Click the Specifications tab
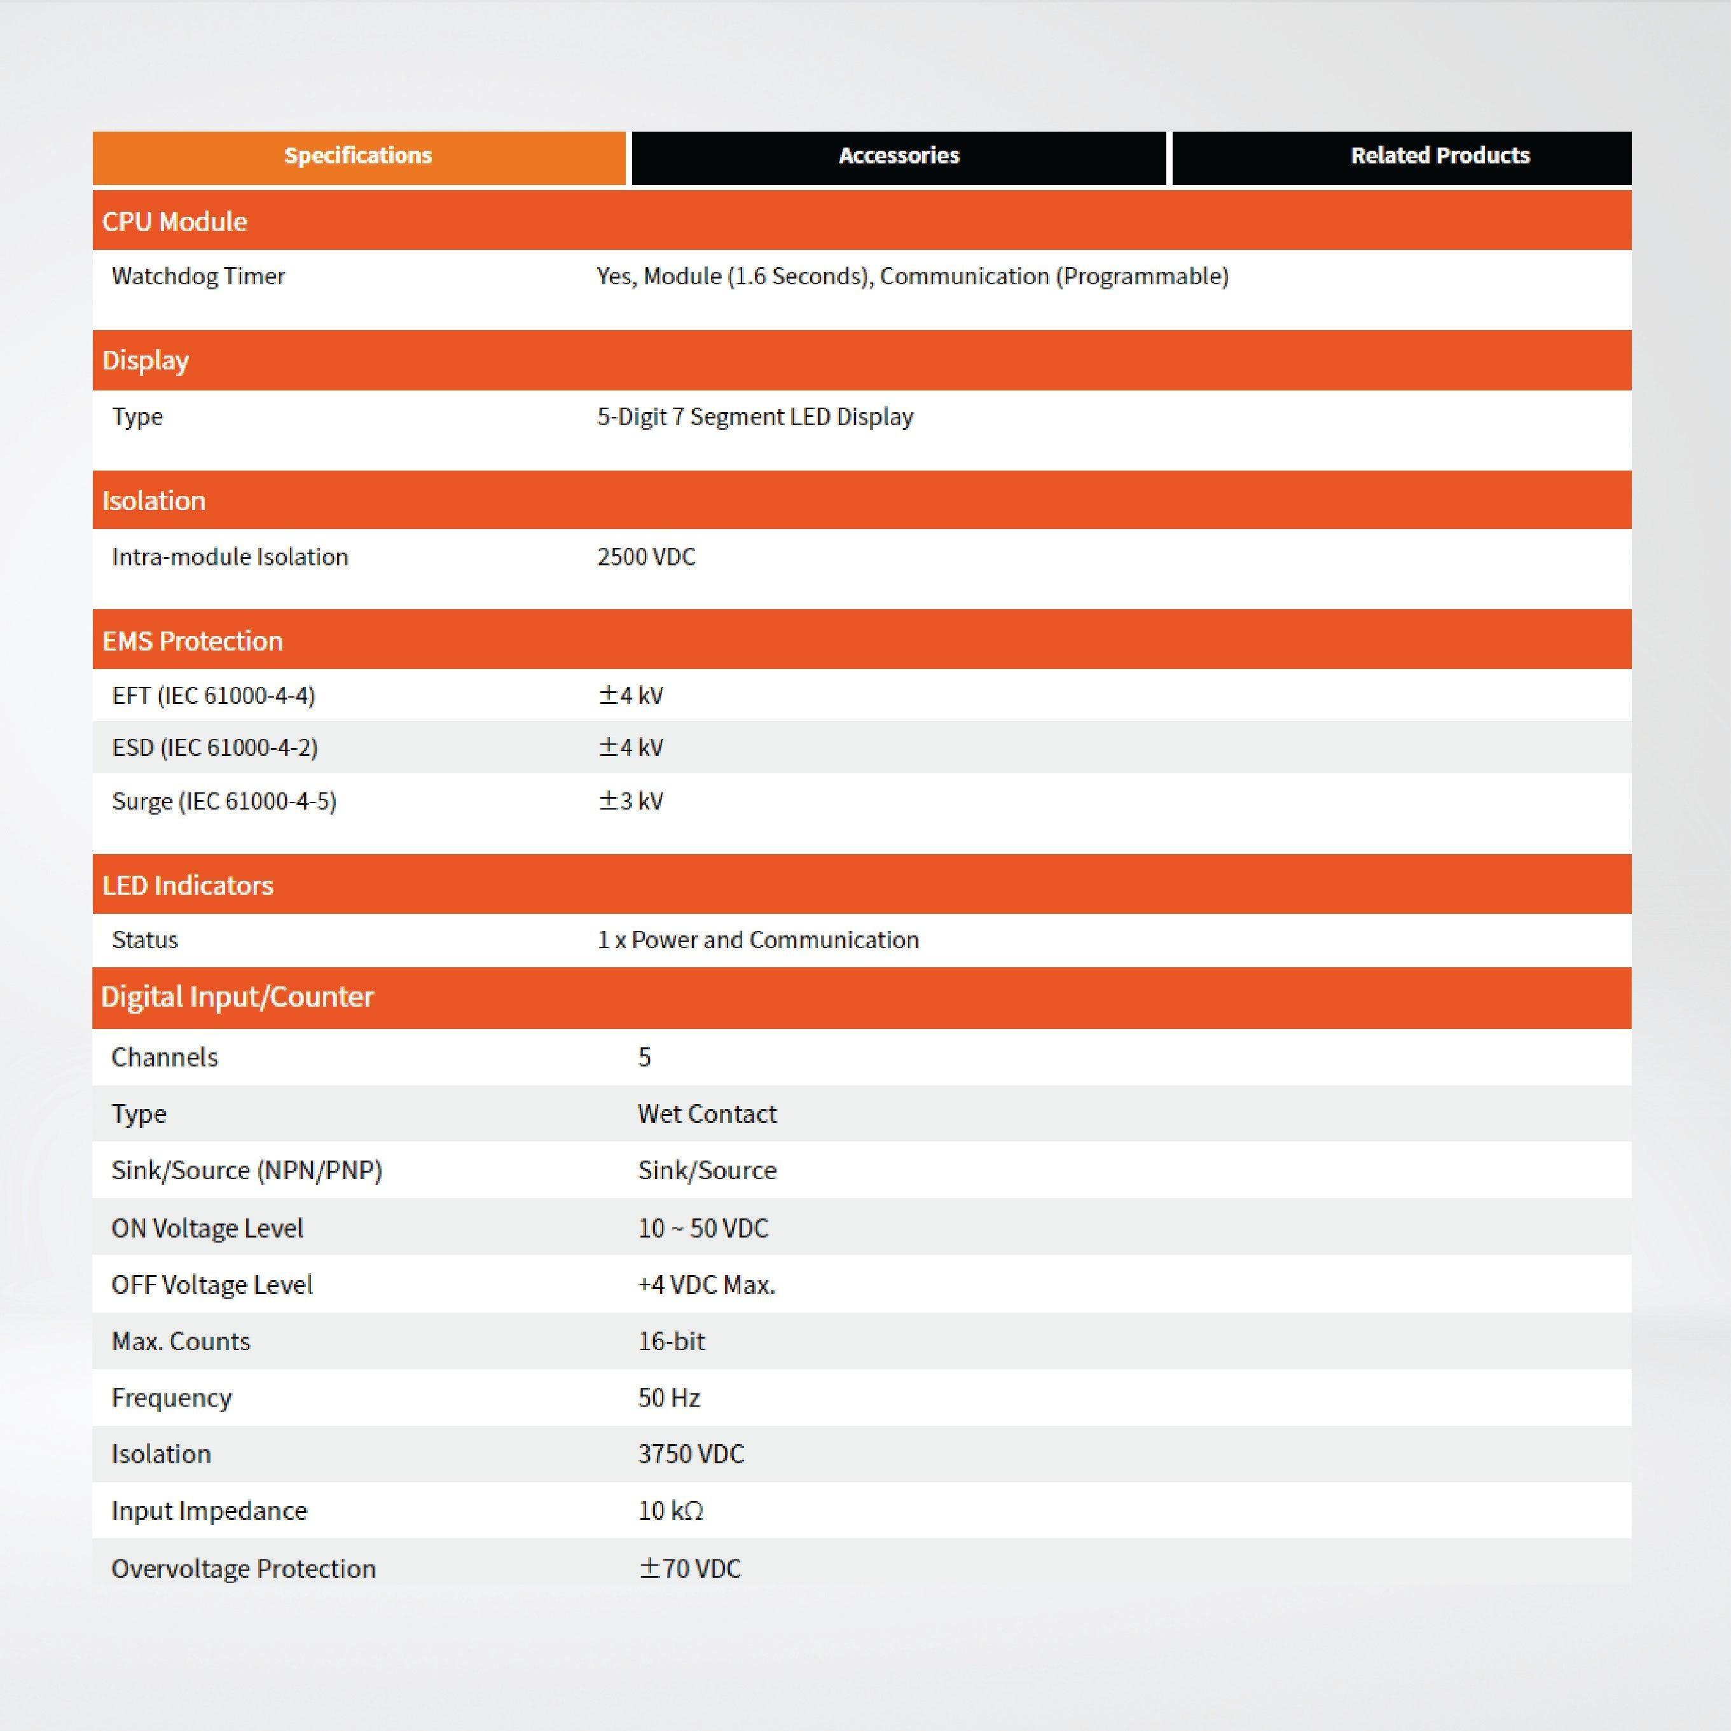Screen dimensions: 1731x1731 pos(359,157)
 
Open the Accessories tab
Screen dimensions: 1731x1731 pos(899,157)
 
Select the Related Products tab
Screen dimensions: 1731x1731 pos(1439,157)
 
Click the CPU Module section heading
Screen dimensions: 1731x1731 pos(175,221)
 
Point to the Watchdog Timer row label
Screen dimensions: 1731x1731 pos(198,276)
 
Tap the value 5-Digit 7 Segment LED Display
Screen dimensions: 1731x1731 pos(755,417)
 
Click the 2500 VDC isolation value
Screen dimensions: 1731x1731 pos(646,557)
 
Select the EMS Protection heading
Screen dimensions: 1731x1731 pos(193,640)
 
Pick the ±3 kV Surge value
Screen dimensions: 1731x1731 pos(631,801)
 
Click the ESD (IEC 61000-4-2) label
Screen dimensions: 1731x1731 pos(215,748)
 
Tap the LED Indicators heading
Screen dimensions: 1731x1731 pos(187,885)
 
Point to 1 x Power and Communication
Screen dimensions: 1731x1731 pos(758,940)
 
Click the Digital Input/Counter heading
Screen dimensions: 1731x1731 pos(237,997)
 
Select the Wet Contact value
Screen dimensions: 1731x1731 pos(707,1114)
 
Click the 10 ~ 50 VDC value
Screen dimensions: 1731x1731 pos(703,1229)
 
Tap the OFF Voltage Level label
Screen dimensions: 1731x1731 pos(212,1285)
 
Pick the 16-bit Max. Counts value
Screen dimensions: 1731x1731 pos(671,1341)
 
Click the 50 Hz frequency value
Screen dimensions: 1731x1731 pos(668,1398)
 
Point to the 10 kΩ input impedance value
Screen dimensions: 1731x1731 pos(670,1510)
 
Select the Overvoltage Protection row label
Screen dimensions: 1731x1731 pos(243,1568)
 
